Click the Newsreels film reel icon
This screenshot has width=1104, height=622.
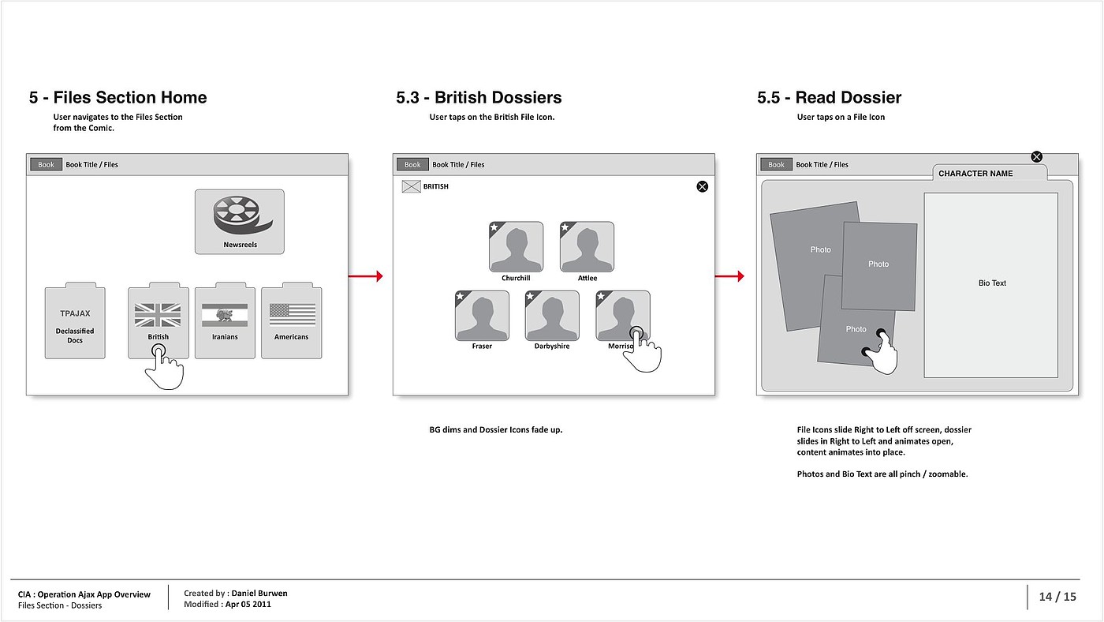click(x=240, y=215)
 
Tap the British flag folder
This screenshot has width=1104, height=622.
click(x=158, y=315)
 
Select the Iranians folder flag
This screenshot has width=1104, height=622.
click(x=225, y=315)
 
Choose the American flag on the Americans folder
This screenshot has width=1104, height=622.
click(x=292, y=315)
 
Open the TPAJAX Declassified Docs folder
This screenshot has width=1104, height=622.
click(x=75, y=324)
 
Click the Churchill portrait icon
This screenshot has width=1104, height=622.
click(x=516, y=247)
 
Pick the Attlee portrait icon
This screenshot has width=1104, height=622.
click(x=587, y=247)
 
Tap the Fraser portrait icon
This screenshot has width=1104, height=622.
click(x=482, y=316)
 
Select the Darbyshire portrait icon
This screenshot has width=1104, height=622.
click(x=552, y=316)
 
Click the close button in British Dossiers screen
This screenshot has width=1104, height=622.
click(x=702, y=186)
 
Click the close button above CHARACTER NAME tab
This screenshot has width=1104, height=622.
click(x=1037, y=157)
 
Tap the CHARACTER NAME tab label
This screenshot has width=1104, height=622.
click(x=975, y=174)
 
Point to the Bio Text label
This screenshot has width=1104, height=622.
click(x=992, y=283)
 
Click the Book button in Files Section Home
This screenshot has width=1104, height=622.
click(x=47, y=164)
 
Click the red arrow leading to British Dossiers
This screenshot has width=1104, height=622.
click(x=365, y=276)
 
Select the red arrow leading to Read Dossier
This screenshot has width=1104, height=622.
click(x=729, y=276)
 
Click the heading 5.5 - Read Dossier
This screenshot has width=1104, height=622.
click(x=829, y=98)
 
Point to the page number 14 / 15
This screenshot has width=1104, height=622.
click(x=1057, y=597)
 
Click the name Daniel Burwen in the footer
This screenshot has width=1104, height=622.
click(x=259, y=593)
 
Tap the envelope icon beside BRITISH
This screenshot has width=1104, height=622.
click(x=411, y=187)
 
